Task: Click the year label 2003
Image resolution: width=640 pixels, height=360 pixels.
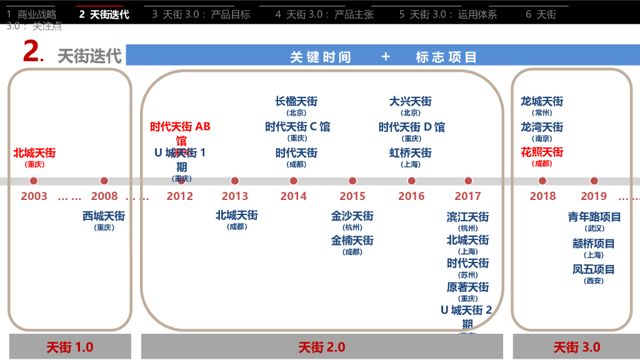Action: [34, 196]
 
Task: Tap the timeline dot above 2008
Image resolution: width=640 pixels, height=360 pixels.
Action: [104, 181]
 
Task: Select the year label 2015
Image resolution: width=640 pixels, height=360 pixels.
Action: [352, 196]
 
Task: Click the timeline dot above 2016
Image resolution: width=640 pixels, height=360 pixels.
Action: [411, 181]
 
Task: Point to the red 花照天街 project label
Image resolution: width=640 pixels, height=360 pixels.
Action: [542, 152]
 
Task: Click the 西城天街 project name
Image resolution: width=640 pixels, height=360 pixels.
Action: [104, 216]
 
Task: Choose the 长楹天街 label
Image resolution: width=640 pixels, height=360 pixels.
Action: [296, 101]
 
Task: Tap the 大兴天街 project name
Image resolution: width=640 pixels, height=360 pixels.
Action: [411, 101]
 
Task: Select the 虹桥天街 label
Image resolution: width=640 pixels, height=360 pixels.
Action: [411, 153]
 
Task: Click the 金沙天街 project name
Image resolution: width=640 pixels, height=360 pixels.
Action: [352, 216]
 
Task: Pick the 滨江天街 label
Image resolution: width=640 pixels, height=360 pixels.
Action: [467, 217]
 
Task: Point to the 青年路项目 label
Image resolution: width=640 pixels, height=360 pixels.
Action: [594, 217]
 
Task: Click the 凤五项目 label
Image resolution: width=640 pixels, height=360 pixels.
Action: [594, 270]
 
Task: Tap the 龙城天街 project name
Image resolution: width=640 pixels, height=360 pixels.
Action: [542, 101]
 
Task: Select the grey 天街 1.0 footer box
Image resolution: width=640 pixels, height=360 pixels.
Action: [70, 347]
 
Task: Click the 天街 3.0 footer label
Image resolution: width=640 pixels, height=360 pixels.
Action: [576, 347]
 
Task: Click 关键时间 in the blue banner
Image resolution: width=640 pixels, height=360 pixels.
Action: [321, 57]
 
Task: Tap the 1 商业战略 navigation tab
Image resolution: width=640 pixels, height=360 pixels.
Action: [32, 14]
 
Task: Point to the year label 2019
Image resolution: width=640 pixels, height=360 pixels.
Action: [594, 196]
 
